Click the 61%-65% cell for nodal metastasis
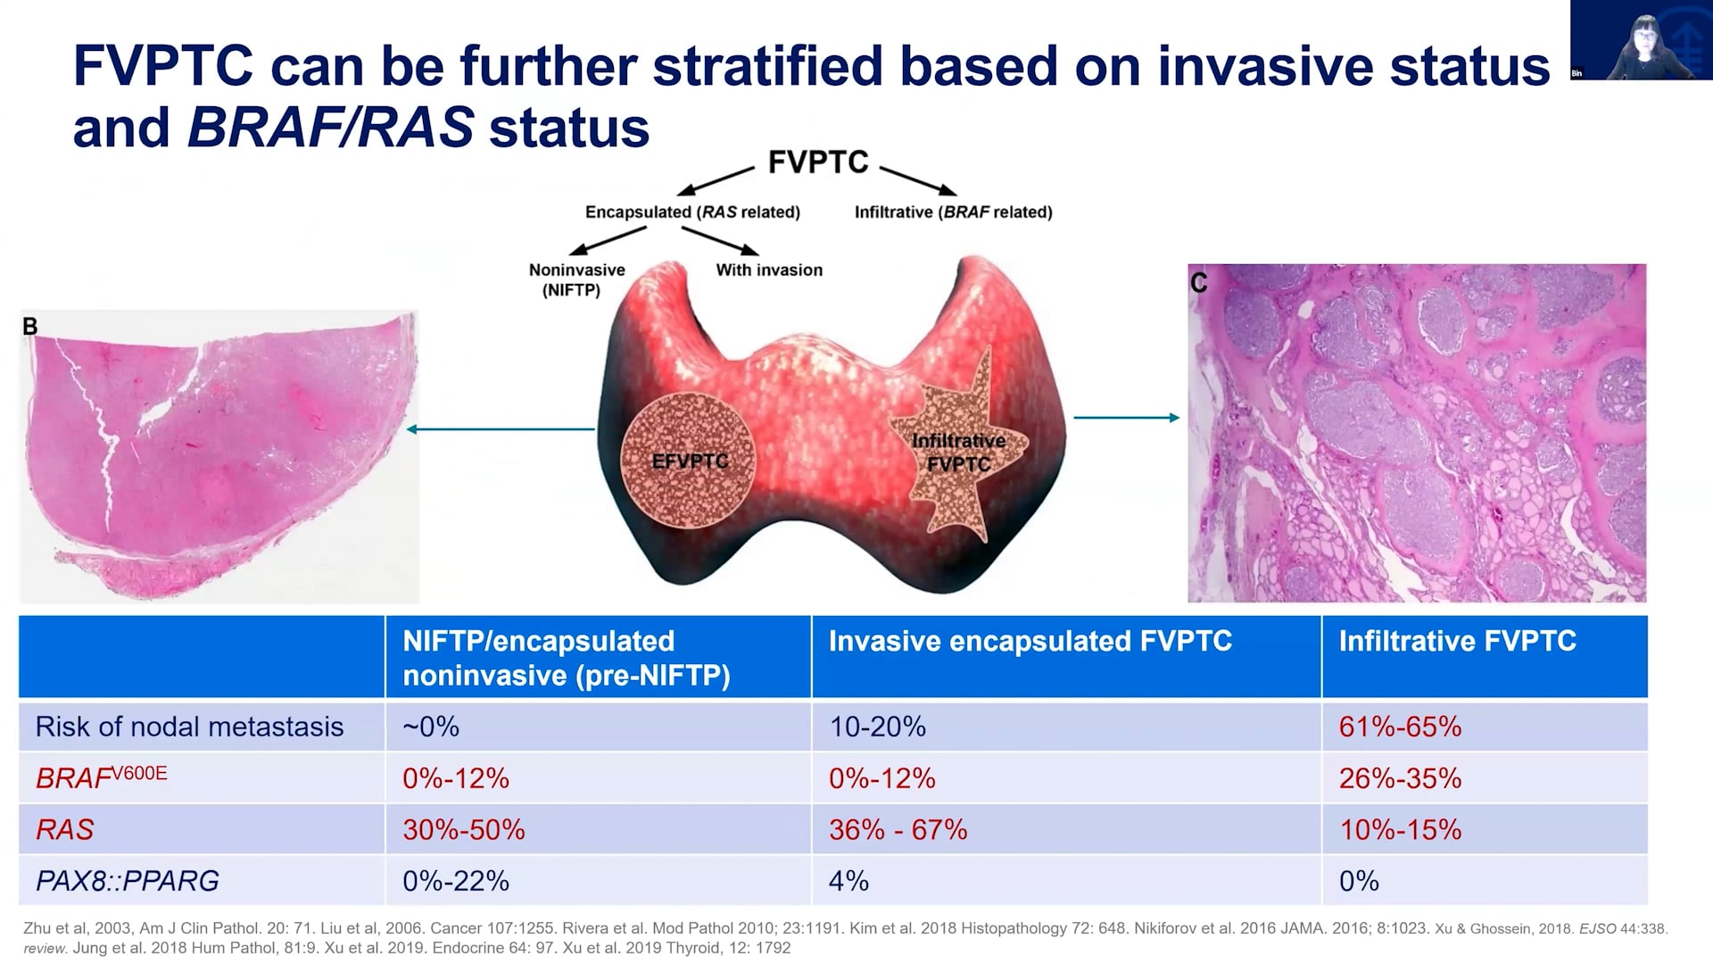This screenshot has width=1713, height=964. point(1399,727)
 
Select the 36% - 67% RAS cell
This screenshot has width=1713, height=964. point(898,829)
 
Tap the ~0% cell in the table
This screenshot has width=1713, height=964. point(431,727)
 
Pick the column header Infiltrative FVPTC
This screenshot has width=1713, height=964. point(1457,641)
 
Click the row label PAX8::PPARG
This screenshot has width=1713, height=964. point(127,881)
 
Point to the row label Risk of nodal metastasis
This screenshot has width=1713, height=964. point(189,727)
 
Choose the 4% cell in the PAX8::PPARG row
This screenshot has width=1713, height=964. point(848,881)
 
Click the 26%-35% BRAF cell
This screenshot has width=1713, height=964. point(1399,778)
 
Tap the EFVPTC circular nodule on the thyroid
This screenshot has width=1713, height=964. point(689,461)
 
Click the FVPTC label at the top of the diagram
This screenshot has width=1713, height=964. point(817,162)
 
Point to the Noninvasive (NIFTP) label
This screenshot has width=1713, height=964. point(575,279)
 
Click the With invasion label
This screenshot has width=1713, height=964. point(769,270)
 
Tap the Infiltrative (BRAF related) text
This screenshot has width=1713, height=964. point(953,212)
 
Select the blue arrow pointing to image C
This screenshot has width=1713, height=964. point(1126,417)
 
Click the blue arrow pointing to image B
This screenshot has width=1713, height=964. point(500,429)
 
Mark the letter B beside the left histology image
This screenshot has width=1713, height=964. point(30,327)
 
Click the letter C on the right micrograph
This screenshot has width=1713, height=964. point(1198,283)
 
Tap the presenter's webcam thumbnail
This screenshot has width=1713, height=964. point(1640,40)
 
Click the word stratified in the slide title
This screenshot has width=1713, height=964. point(766,67)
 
